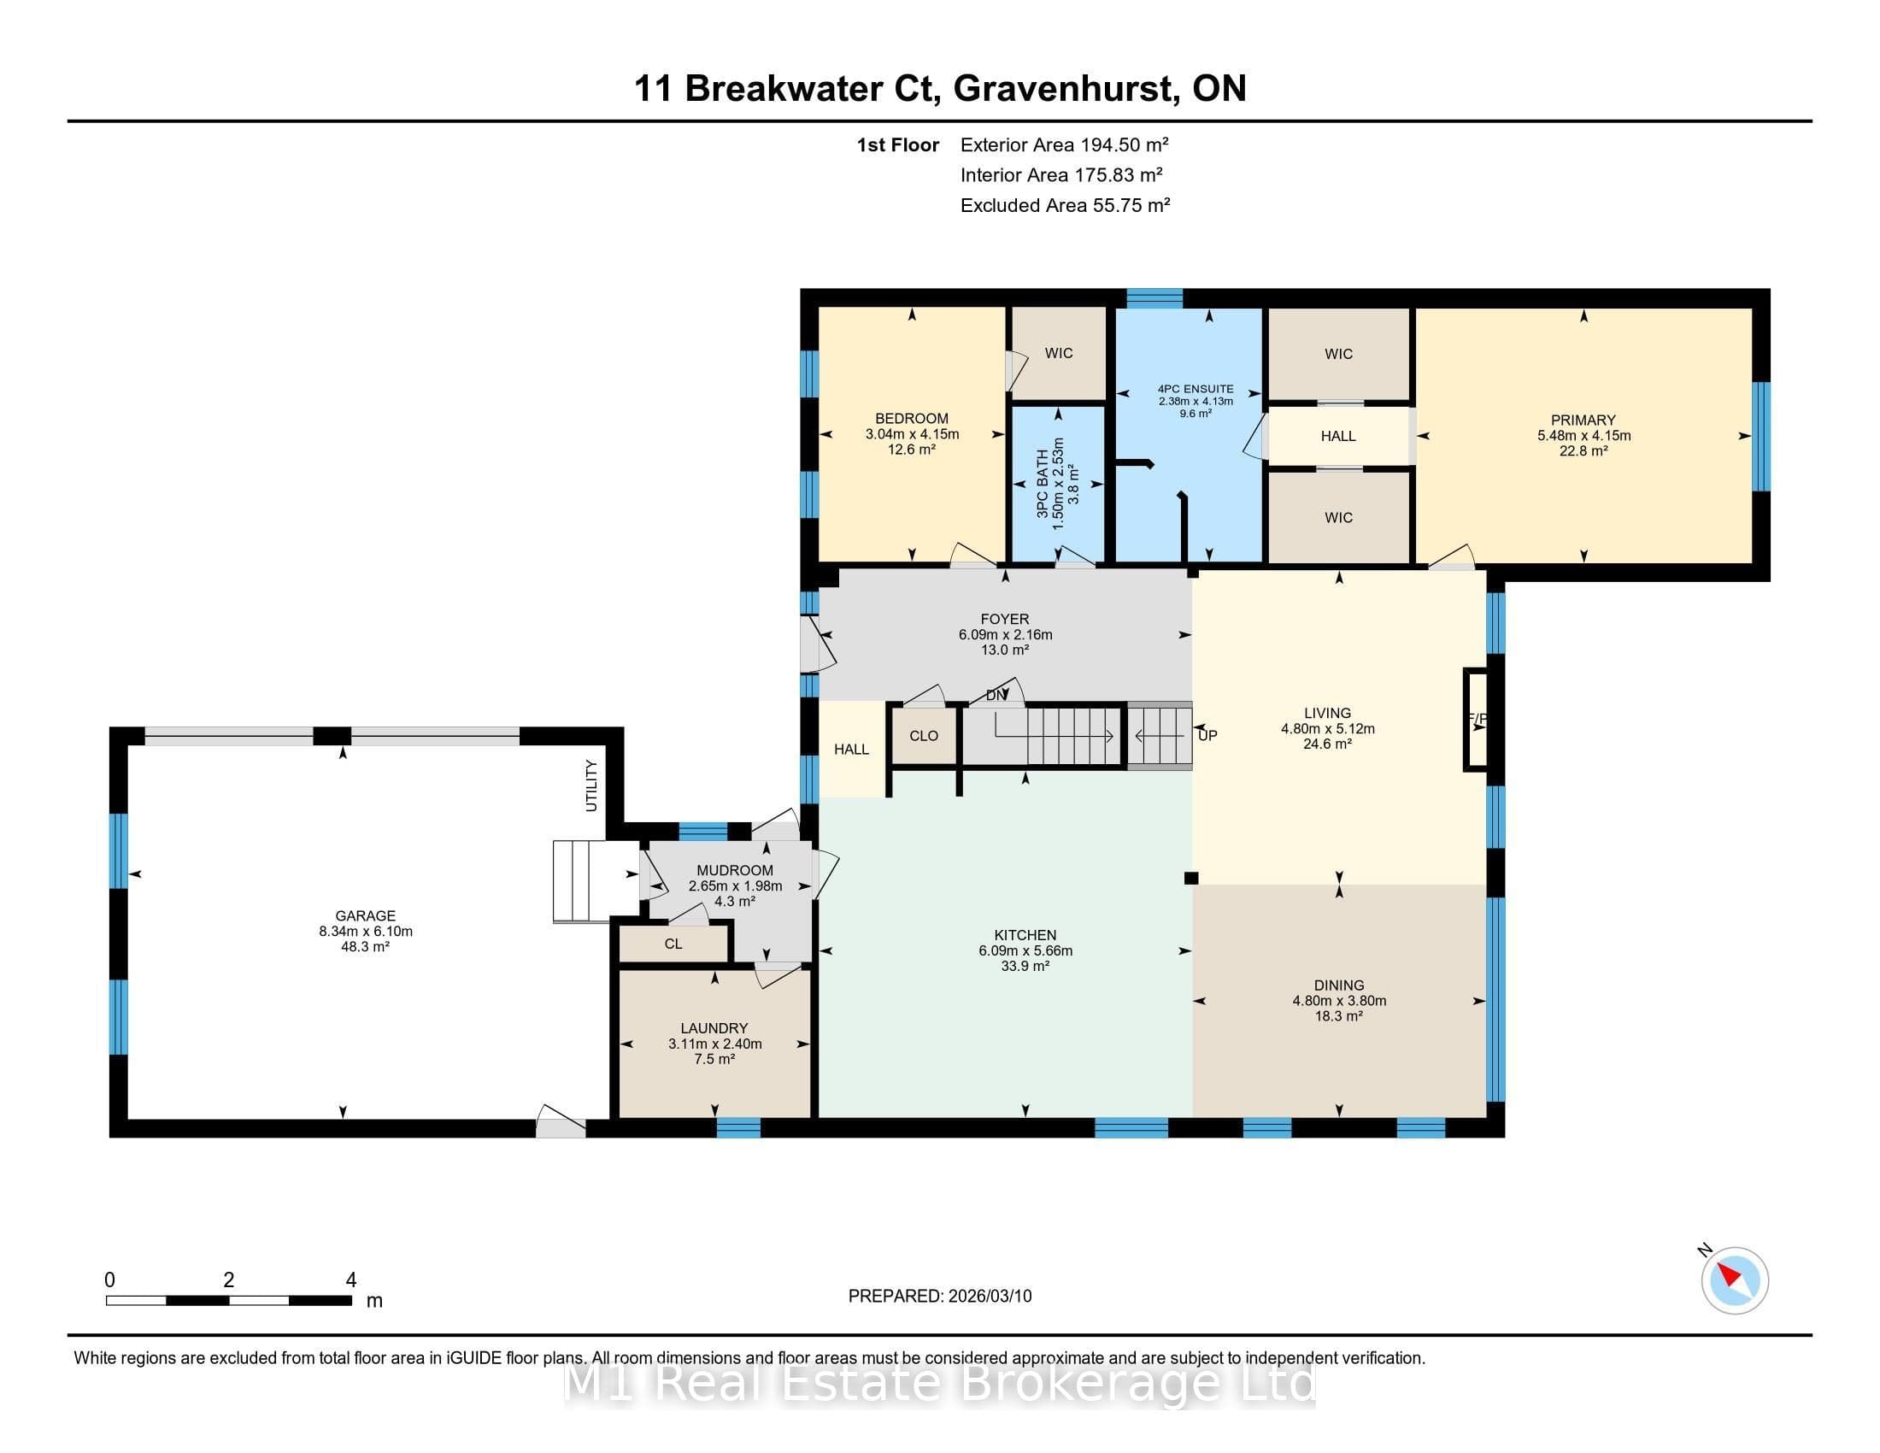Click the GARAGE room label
[366, 916]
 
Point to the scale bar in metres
[229, 1301]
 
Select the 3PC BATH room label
[1043, 484]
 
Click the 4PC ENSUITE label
[1196, 389]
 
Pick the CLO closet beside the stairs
[924, 736]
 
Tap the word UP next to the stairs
[1207, 736]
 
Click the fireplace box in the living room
[1476, 719]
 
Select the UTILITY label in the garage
[591, 785]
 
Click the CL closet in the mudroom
[674, 944]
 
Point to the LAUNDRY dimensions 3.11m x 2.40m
[715, 1044]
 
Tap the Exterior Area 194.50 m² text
[1064, 144]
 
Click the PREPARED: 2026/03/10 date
[940, 1297]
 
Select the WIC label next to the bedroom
[1059, 353]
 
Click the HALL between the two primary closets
[1338, 437]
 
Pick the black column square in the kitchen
[1191, 878]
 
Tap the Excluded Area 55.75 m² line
[1065, 205]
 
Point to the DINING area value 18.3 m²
[1339, 1016]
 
